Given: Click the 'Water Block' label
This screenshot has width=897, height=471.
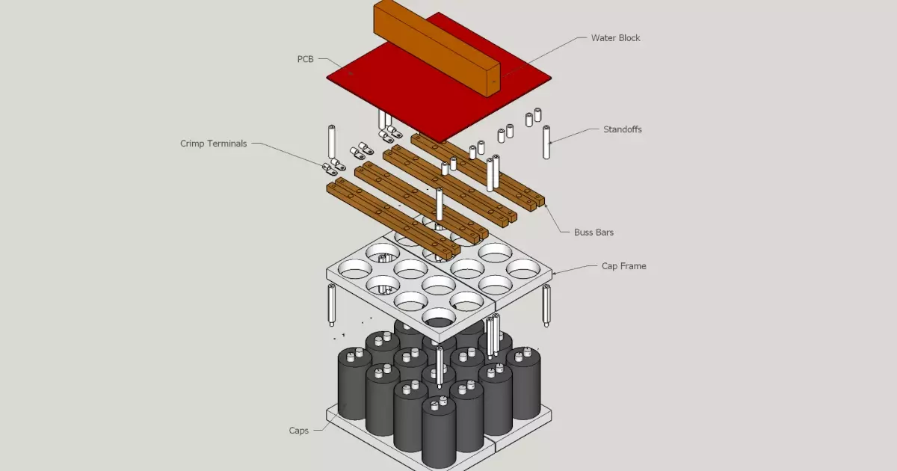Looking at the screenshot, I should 615,38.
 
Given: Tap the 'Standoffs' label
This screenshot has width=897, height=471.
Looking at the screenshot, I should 622,129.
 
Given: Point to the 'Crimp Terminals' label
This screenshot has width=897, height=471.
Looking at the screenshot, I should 213,144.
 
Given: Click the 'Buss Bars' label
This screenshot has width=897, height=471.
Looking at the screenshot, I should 594,233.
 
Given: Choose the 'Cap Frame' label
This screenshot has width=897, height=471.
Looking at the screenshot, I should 623,265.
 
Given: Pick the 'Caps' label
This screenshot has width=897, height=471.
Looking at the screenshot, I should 299,431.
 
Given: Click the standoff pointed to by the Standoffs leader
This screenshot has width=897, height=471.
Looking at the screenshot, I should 546,142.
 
